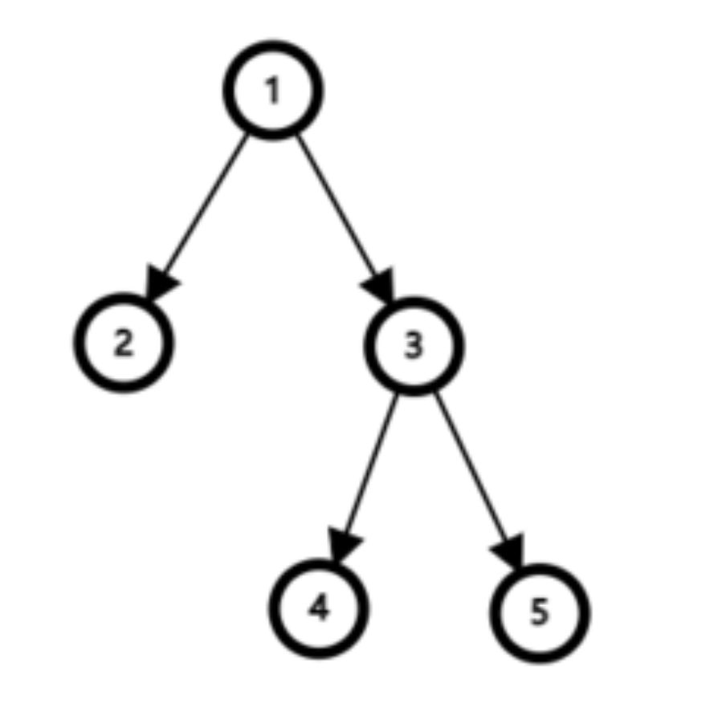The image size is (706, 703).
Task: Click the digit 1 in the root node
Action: click(272, 91)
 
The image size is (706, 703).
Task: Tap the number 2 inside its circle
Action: click(124, 343)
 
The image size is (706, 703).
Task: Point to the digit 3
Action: click(413, 345)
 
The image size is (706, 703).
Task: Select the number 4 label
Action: click(319, 609)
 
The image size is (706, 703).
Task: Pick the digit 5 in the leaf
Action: click(539, 612)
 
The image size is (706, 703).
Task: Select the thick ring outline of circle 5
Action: click(584, 612)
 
